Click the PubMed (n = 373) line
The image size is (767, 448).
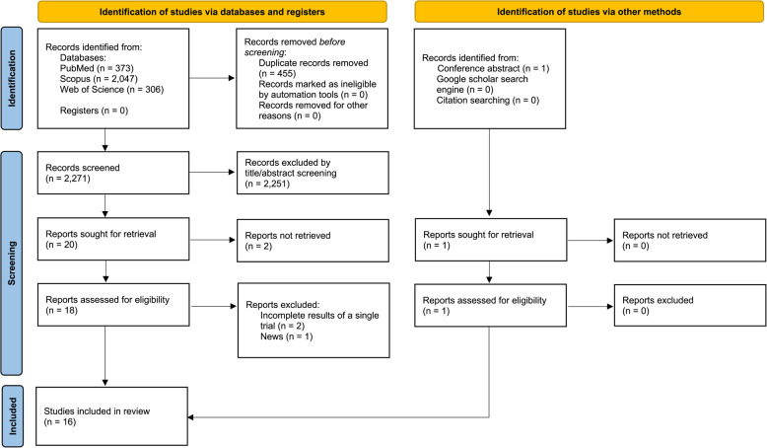pyautogui.click(x=97, y=68)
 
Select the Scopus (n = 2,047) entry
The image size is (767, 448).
pyautogui.click(x=99, y=79)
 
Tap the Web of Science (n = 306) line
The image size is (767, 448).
pyautogui.click(x=111, y=90)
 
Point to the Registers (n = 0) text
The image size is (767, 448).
pyautogui.click(x=94, y=111)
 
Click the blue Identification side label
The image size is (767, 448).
pyautogui.click(x=12, y=78)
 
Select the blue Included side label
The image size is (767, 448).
pyautogui.click(x=12, y=415)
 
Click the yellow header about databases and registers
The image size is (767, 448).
pyautogui.click(x=212, y=12)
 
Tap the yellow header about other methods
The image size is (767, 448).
pyautogui.click(x=589, y=12)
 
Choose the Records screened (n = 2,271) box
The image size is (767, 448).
pyautogui.click(x=113, y=173)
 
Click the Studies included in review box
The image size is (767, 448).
pyautogui.click(x=112, y=416)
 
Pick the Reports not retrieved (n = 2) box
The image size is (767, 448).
pyautogui.click(x=314, y=241)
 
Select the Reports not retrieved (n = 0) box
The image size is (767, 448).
pyautogui.click(x=690, y=240)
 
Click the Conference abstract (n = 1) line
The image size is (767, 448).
pyautogui.click(x=493, y=68)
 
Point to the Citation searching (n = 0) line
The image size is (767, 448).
pyautogui.click(x=488, y=101)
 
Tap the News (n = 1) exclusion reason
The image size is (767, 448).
pyautogui.click(x=286, y=336)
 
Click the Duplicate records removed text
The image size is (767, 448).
pyautogui.click(x=314, y=63)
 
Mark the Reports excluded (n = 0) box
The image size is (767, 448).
pyautogui.click(x=690, y=306)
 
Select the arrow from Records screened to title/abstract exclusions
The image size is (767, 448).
pyautogui.click(x=212, y=172)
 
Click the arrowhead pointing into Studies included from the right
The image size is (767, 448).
pyautogui.click(x=191, y=417)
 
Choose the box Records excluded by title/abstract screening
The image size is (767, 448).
pyautogui.click(x=314, y=173)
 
